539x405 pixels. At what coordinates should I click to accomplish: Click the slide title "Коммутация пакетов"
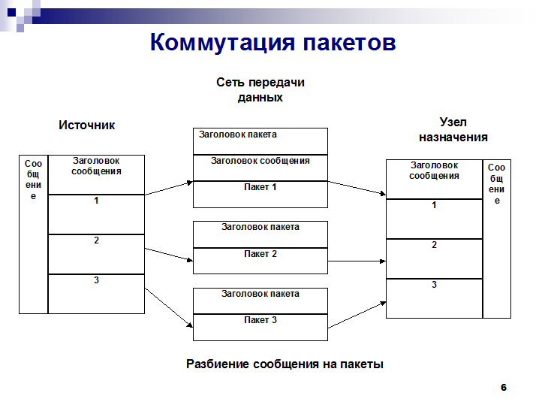pos(273,42)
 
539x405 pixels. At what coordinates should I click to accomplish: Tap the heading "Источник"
pos(86,125)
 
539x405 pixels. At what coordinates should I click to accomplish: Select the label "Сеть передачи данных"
pos(260,90)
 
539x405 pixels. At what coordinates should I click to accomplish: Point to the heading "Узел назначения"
pos(453,130)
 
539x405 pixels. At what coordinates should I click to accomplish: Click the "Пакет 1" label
pos(260,187)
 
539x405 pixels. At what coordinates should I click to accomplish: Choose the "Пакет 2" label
pos(260,254)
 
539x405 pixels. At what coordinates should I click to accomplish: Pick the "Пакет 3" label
pos(260,320)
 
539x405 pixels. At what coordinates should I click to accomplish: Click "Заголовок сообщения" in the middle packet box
pos(260,161)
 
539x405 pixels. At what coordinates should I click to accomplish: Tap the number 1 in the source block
pos(96,201)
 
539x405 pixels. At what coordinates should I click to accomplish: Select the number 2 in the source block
pos(96,240)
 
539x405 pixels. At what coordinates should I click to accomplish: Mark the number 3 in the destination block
pos(434,285)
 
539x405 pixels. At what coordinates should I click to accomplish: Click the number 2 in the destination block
pos(434,245)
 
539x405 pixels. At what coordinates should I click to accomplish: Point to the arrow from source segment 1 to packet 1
pos(169,188)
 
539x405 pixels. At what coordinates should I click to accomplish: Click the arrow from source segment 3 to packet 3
pos(168,307)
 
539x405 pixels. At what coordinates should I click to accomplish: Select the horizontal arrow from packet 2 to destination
pos(357,261)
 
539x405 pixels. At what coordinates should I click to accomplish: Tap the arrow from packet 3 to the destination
pos(357,315)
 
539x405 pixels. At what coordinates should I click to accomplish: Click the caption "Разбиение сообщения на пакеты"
pos(285,364)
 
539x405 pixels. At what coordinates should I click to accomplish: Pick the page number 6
pos(504,388)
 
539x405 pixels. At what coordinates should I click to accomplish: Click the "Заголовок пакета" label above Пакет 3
pos(260,294)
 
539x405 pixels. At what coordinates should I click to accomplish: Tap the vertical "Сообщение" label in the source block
pos(33,180)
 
